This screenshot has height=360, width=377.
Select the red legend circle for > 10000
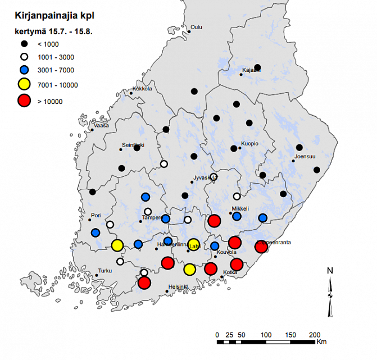pyautogui.click(x=24, y=101)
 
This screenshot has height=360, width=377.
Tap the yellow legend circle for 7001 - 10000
pyautogui.click(x=24, y=85)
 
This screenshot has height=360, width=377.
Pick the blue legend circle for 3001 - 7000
pyautogui.click(x=24, y=70)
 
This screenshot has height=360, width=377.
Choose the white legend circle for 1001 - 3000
pyautogui.click(x=24, y=57)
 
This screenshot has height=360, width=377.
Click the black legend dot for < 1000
pyautogui.click(x=24, y=44)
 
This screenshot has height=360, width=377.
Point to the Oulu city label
pyautogui.click(x=197, y=27)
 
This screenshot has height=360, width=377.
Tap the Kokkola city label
pyautogui.click(x=142, y=89)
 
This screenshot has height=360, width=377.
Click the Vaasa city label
pyautogui.click(x=102, y=126)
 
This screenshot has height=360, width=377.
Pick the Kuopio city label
pyautogui.click(x=249, y=144)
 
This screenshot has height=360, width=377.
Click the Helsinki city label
pyautogui.click(x=178, y=287)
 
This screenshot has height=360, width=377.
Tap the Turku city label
pyautogui.click(x=105, y=271)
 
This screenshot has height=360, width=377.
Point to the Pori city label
pyautogui.click(x=96, y=215)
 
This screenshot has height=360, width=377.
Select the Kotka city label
pyautogui.click(x=230, y=272)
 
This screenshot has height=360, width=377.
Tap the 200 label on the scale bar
pyautogui.click(x=315, y=335)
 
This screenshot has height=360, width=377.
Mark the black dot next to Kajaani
pyautogui.click(x=257, y=67)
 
